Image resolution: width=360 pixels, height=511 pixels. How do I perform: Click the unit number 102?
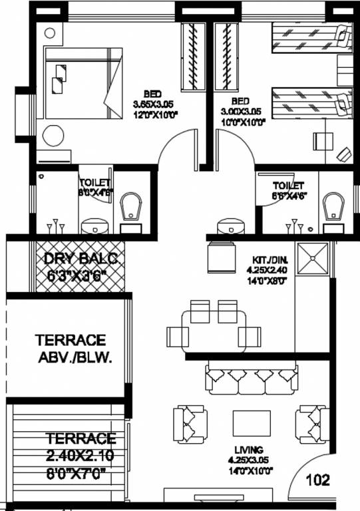[319, 478]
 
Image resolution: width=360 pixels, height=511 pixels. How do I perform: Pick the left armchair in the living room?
[190, 425]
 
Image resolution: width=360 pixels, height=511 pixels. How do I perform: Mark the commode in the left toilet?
[132, 206]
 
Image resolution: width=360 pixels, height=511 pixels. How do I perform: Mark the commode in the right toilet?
[331, 208]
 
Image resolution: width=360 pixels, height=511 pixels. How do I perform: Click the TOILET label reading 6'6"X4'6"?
[288, 191]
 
